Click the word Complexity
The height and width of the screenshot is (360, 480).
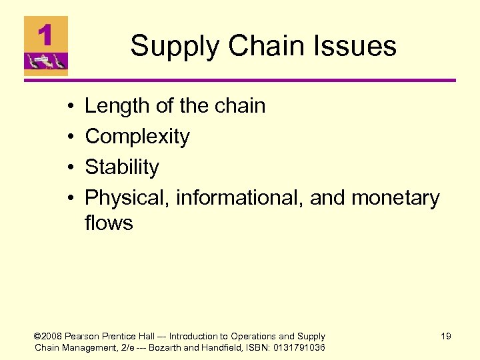coord(137,137)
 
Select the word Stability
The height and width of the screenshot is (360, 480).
coord(122,167)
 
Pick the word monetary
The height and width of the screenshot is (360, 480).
coord(395,198)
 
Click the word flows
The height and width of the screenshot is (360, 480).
coord(109,223)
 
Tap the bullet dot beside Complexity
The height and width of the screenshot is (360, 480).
coord(70,137)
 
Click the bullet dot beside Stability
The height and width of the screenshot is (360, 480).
coord(70,168)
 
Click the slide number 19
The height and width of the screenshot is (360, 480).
coord(445,337)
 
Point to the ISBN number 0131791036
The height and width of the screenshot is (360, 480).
coord(298,347)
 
